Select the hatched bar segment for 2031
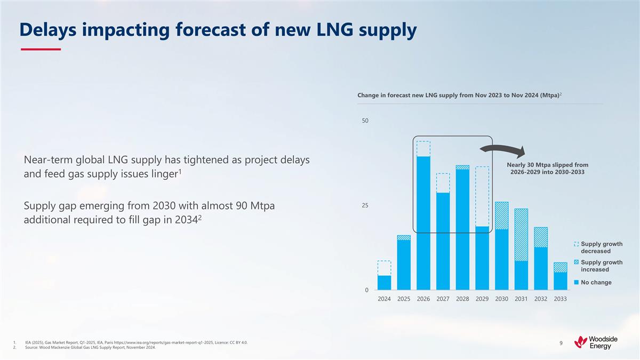tap(522, 235)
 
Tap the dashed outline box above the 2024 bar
tap(384, 268)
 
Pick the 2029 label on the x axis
tap(482, 299)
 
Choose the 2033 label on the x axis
tap(560, 299)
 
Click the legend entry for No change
tap(596, 282)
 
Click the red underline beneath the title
tap(41, 50)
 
